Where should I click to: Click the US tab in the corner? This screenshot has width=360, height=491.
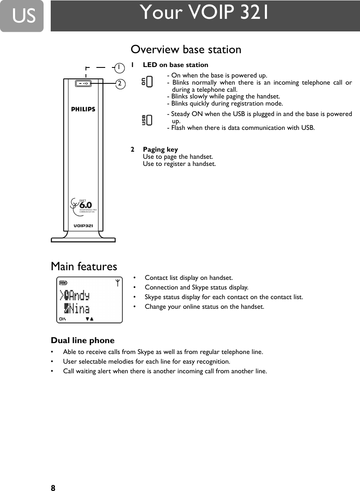pos(22,16)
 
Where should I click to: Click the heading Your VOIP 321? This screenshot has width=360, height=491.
pos(205,13)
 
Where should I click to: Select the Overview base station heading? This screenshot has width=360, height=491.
pos(186,49)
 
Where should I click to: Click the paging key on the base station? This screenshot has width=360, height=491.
pos(83,83)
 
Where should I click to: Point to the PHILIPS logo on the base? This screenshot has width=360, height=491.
pos(83,109)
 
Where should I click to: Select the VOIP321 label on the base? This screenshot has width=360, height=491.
pos(83,225)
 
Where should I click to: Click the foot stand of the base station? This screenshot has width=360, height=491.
pos(83,239)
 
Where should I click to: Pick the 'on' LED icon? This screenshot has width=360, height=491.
pos(147,81)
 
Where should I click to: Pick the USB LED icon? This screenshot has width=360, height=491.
pos(147,120)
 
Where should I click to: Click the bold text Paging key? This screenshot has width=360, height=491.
pos(161,150)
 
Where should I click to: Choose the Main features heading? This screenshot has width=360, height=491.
pos(84,266)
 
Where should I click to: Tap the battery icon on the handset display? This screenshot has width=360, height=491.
pos(63,283)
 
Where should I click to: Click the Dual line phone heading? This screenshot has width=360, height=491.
pos(83,340)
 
